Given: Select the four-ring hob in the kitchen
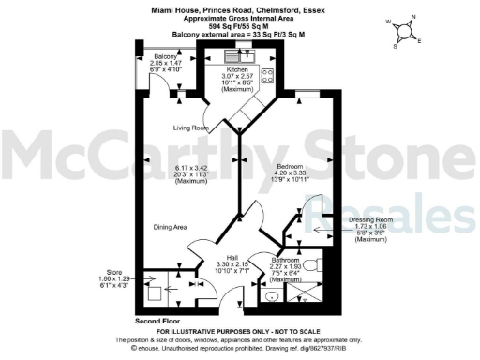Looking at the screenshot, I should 266,78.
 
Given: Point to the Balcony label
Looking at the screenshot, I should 165,57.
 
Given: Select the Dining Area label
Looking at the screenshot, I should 172,226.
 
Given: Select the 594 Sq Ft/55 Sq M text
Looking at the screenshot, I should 239,25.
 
